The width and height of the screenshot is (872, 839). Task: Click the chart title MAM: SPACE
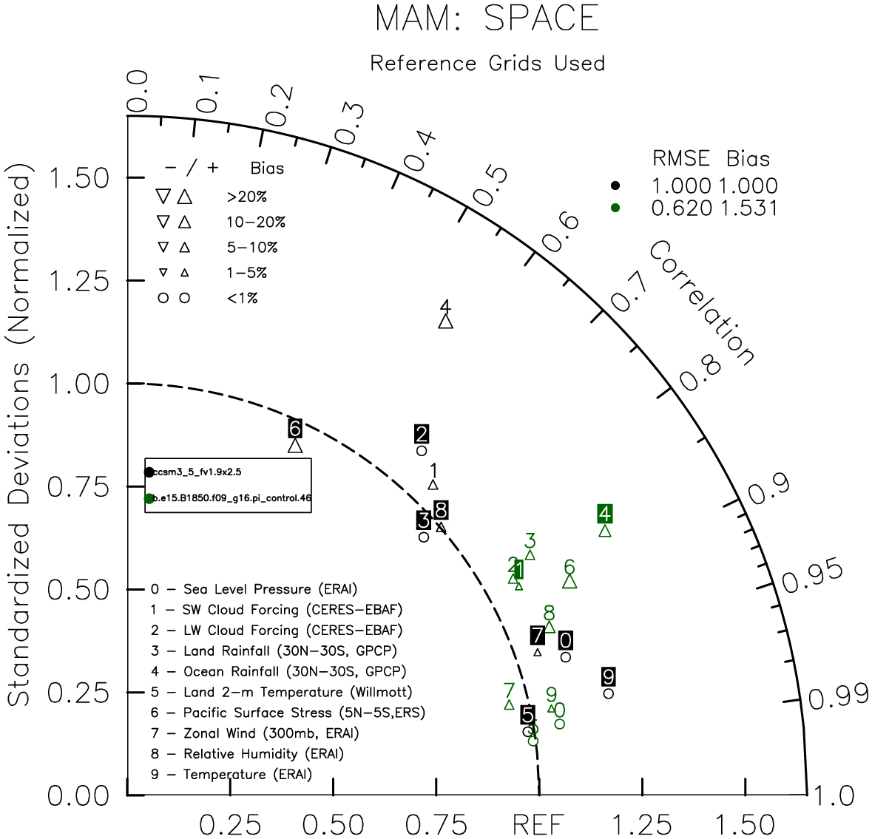pos(487,18)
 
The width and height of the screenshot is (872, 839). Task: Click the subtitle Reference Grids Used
pos(487,64)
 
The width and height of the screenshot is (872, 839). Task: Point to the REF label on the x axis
pos(538,824)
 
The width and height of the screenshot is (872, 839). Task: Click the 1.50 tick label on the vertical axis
pos(78,178)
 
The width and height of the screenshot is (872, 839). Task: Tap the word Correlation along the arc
pos(702,303)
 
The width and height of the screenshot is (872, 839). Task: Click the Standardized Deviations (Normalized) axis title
pos(19,441)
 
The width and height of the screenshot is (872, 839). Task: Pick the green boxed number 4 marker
pos(605,514)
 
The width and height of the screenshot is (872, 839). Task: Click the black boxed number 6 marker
pos(295,428)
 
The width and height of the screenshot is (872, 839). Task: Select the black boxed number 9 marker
pos(608,676)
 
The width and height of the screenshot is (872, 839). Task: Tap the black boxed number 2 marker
pos(422,434)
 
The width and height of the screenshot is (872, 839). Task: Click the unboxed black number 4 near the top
pos(445,306)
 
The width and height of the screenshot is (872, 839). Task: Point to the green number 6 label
pos(569,567)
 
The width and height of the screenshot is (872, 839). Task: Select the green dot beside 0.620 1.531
pos(615,208)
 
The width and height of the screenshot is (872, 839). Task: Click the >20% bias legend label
pos(247,197)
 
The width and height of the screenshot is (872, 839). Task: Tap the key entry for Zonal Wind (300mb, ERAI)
pos(255,733)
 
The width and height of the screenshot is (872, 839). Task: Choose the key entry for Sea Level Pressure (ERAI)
pos(254,589)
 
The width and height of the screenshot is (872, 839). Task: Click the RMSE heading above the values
pos(681,159)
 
